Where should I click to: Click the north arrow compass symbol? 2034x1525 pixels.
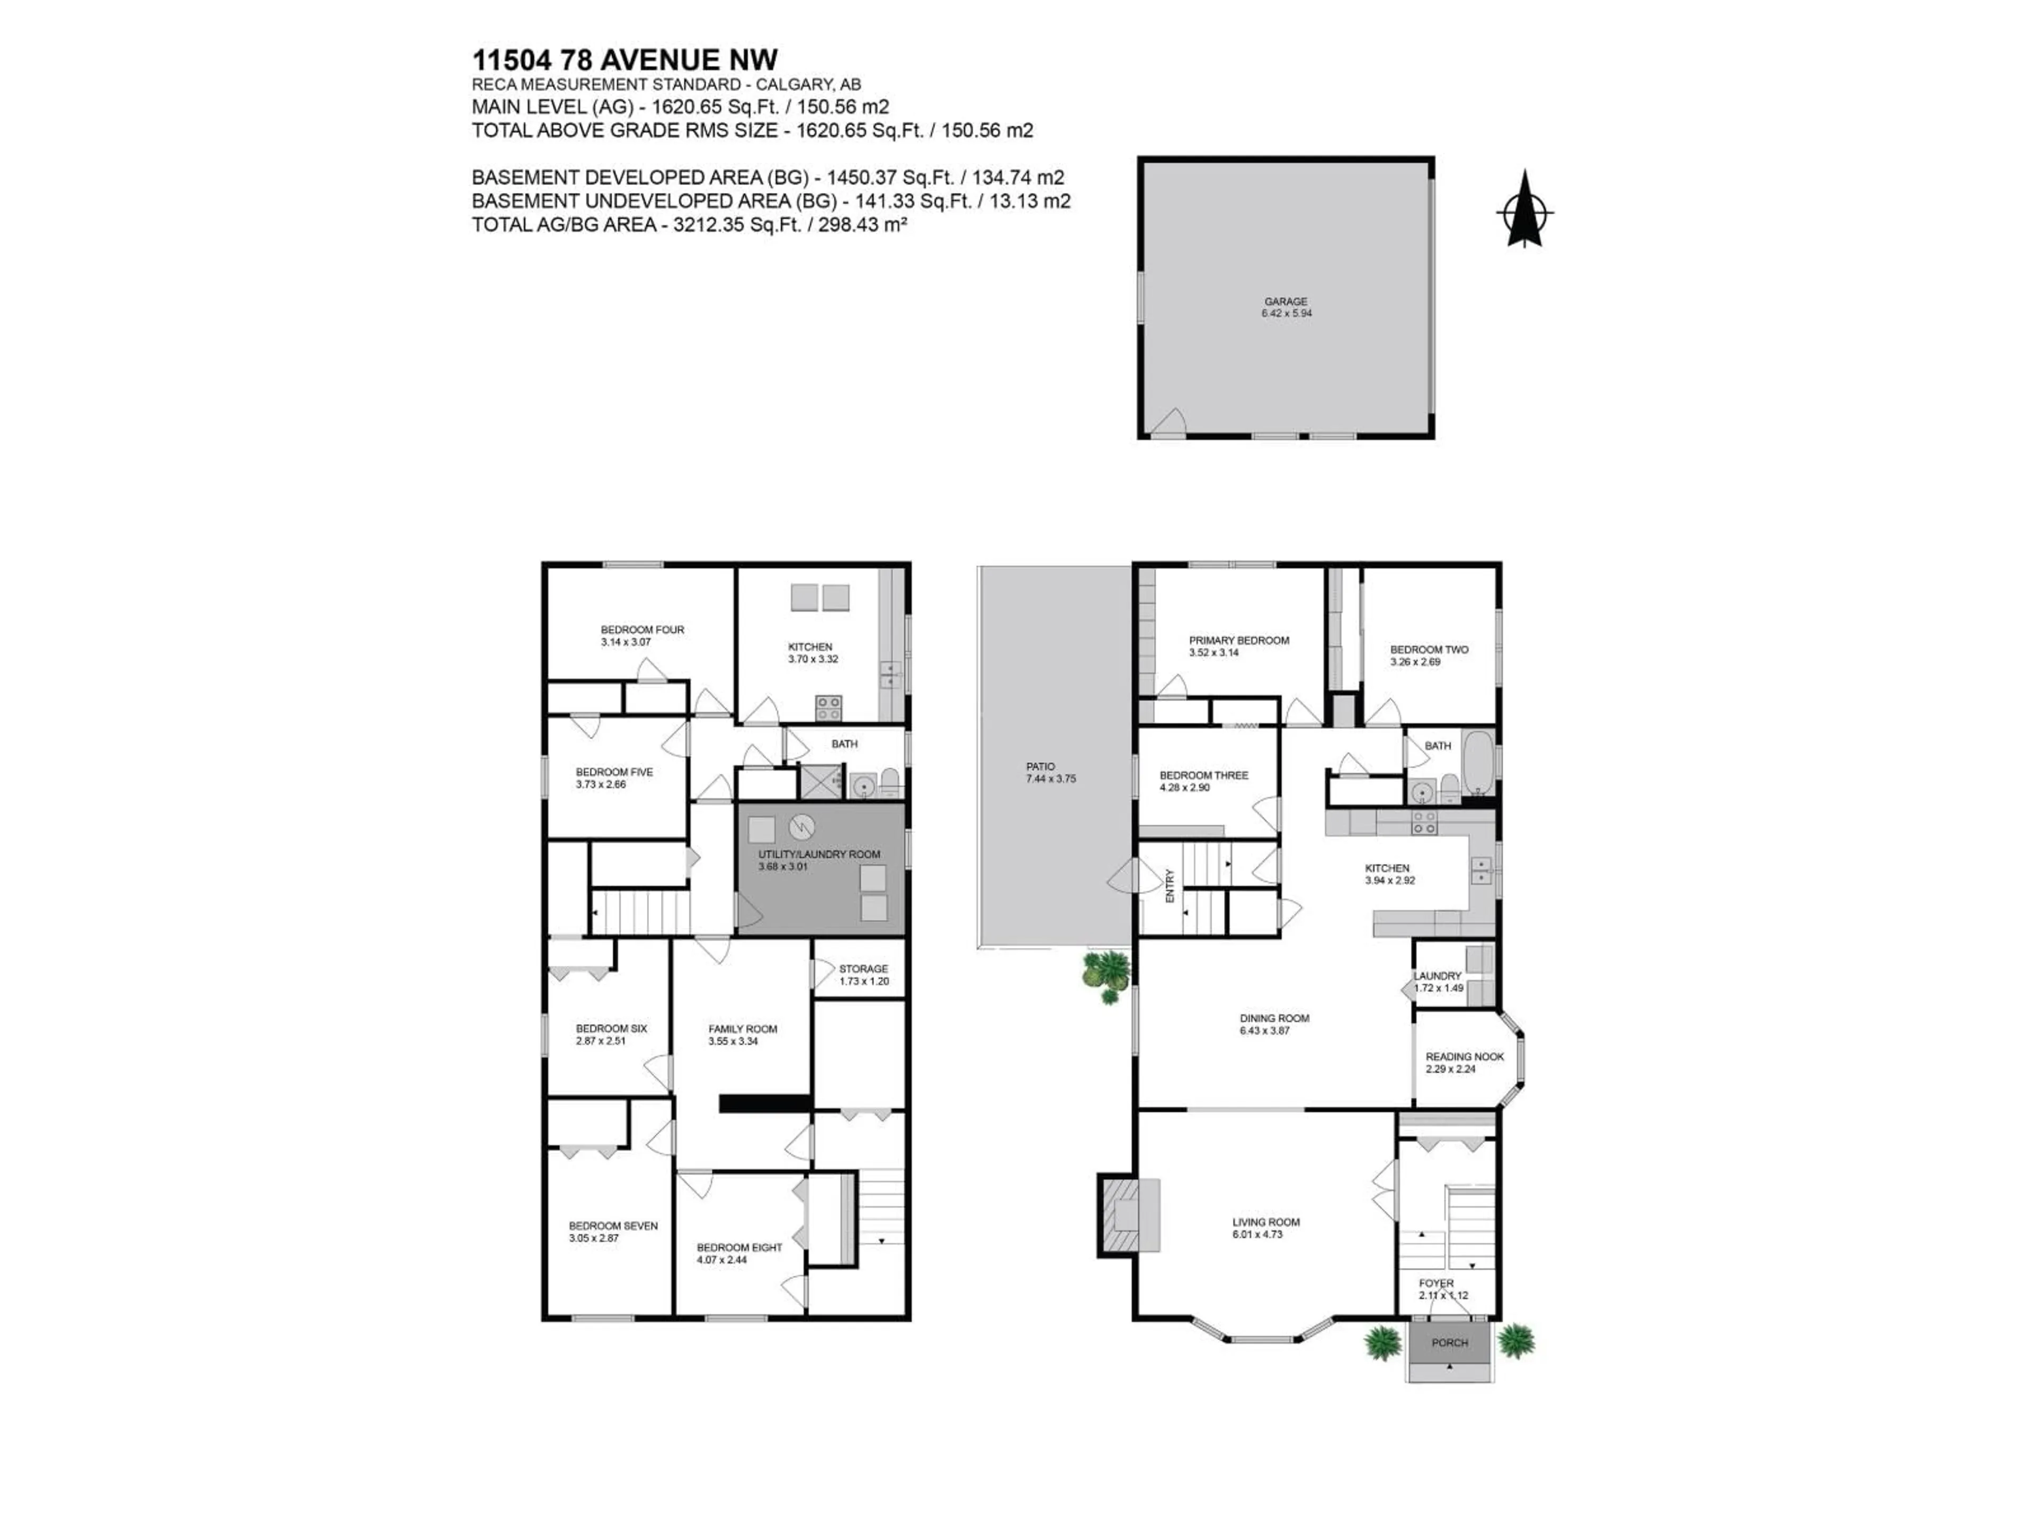(x=1524, y=211)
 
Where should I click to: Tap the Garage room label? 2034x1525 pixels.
(x=1286, y=301)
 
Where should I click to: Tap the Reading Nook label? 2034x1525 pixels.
(x=1464, y=1057)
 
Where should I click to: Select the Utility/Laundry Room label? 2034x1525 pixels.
(x=818, y=854)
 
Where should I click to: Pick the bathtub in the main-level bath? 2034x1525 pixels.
(x=1478, y=764)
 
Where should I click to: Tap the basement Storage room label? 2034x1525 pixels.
(x=862, y=969)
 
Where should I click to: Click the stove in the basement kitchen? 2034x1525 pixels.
(x=827, y=708)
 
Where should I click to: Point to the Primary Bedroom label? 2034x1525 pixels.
(x=1238, y=641)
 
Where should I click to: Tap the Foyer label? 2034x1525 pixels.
(x=1435, y=1283)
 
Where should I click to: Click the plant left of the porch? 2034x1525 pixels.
(x=1382, y=1343)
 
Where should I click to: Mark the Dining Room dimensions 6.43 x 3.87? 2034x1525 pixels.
(x=1264, y=1030)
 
